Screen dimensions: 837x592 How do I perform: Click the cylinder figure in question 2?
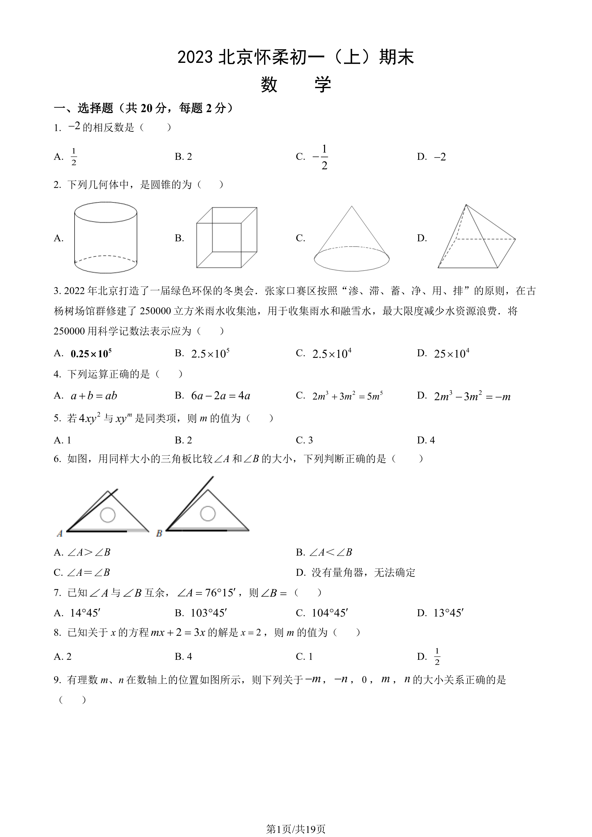(106, 238)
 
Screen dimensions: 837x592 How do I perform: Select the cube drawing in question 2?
(227, 238)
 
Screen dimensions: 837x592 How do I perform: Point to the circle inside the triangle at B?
(208, 514)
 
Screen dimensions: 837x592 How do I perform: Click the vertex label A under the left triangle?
(60, 533)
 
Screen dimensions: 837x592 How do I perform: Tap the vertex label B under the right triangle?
(159, 533)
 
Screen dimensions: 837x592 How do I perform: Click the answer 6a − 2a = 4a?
(220, 396)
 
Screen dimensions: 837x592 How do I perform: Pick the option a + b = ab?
(94, 396)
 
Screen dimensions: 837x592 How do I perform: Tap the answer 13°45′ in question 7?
(448, 613)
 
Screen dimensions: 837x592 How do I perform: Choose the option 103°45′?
(208, 613)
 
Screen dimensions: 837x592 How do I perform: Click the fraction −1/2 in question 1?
(321, 157)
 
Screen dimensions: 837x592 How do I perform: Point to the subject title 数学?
(296, 85)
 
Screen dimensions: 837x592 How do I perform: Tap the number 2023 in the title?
(195, 57)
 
